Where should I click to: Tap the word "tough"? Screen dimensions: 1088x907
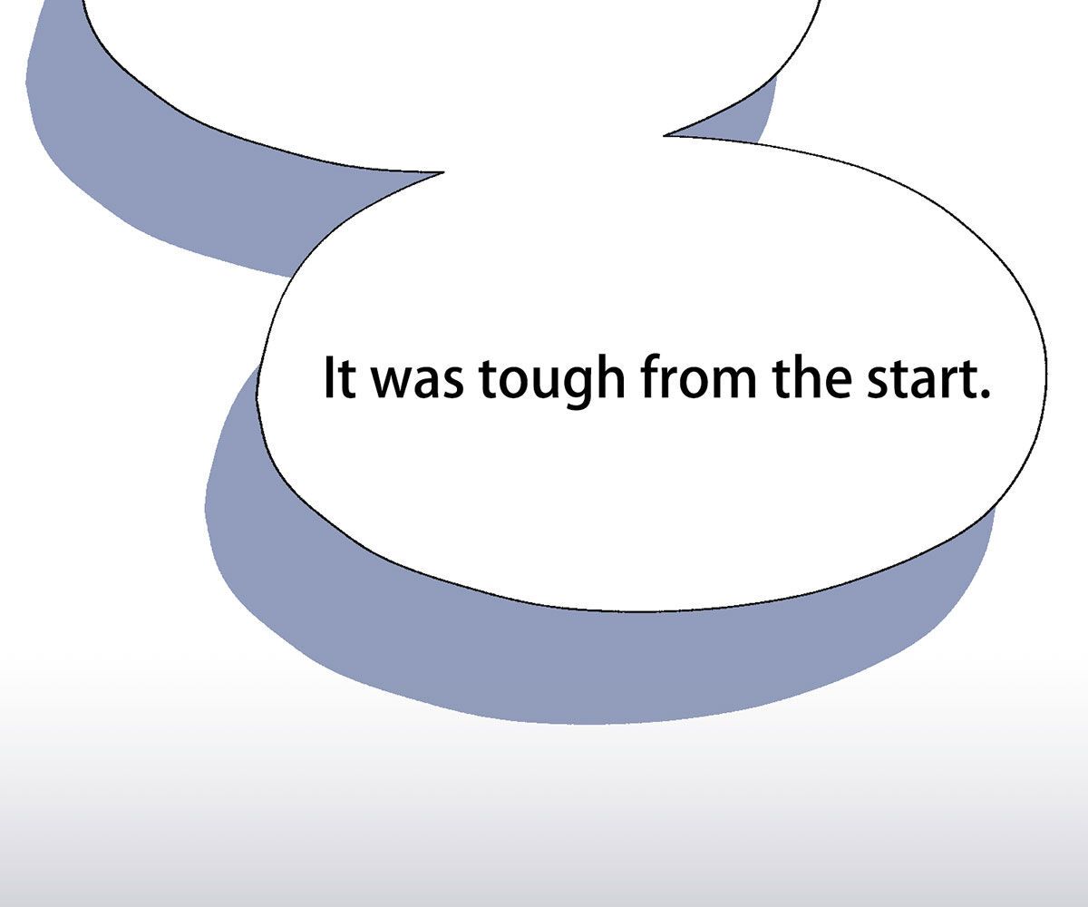[552, 382]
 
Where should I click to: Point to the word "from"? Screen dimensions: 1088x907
[699, 377]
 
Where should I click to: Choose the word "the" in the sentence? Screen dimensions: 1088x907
[812, 377]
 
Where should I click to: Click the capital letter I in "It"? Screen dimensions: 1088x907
[327, 377]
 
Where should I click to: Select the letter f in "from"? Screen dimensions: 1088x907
[651, 376]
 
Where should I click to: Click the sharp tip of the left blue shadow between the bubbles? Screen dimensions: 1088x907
[443, 172]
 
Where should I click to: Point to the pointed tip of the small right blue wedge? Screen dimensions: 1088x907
[665, 135]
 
